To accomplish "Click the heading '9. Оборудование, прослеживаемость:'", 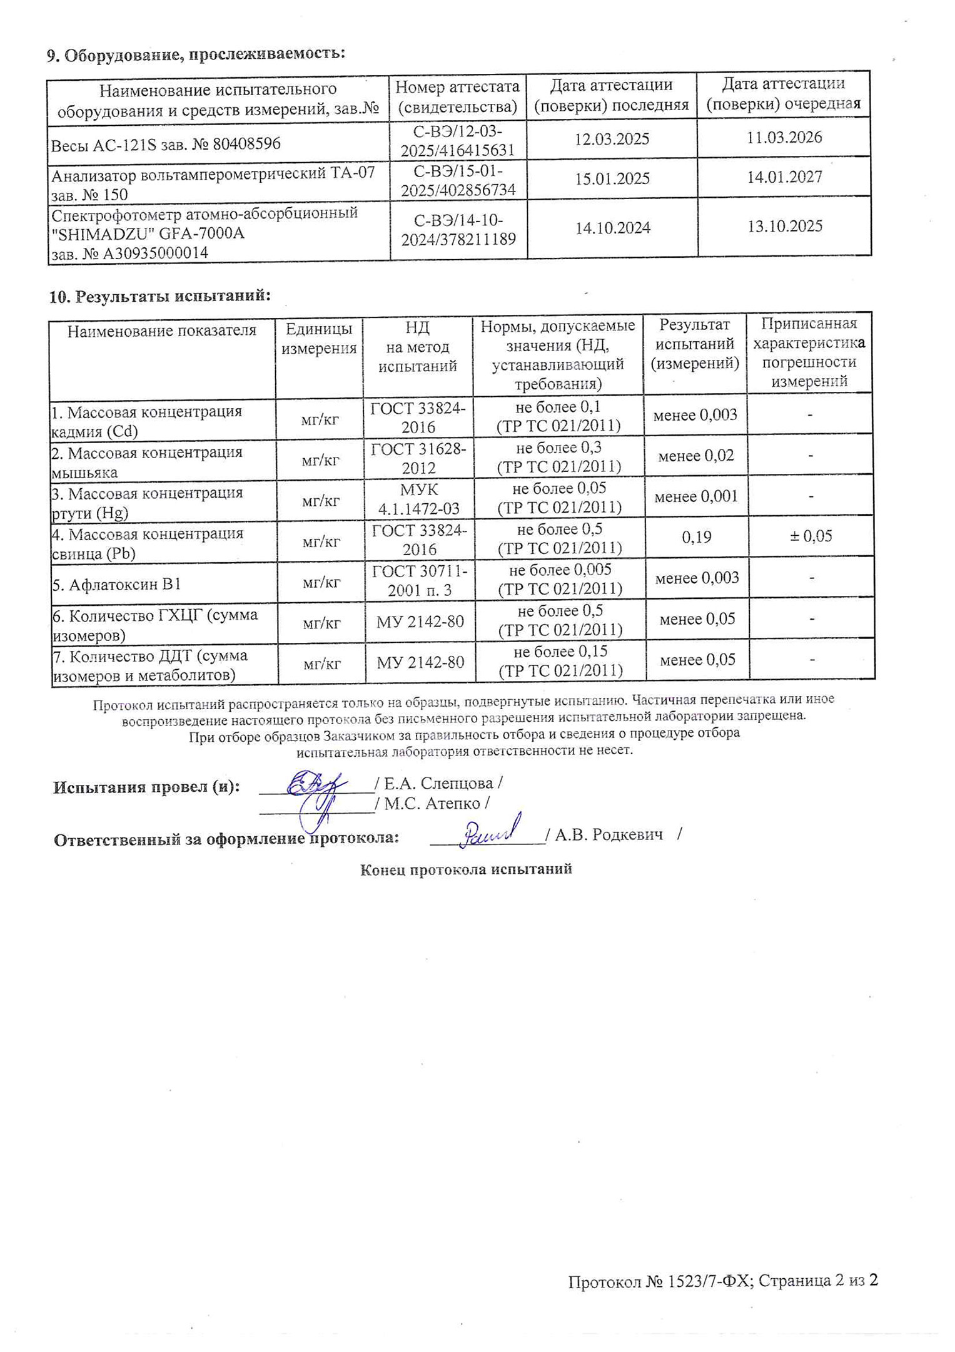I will (196, 55).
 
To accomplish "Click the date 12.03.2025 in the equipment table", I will (612, 139).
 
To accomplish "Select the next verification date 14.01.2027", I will (784, 177).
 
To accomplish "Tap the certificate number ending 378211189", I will (458, 238).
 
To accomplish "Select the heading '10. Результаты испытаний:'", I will (160, 296).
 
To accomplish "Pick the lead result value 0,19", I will (696, 537).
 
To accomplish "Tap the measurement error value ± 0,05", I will (811, 536).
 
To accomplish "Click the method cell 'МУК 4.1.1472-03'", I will (418, 499).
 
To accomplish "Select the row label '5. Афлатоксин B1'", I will (117, 585).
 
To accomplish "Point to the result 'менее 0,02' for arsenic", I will (696, 456).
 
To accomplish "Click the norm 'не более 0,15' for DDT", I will (560, 652).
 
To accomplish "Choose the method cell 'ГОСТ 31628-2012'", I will (418, 458).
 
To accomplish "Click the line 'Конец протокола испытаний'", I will (466, 869).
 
